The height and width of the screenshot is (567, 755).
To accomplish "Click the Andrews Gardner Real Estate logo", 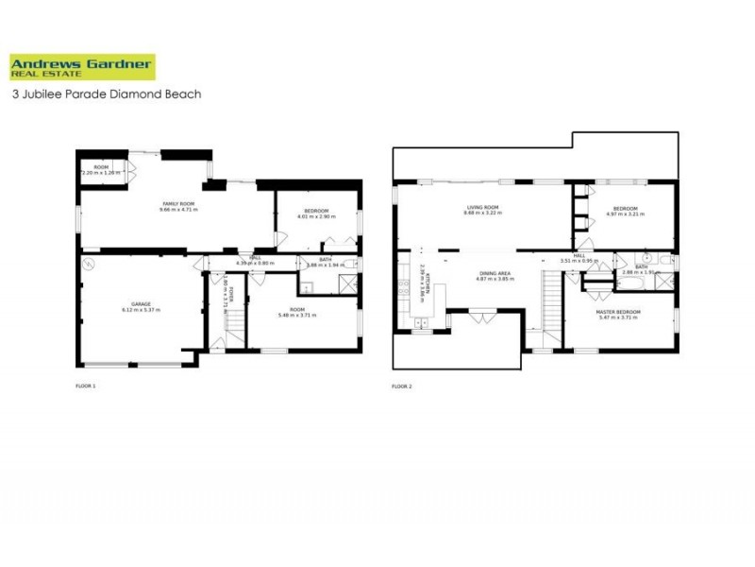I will (82, 67).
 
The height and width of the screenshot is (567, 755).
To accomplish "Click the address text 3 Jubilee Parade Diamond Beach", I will (107, 94).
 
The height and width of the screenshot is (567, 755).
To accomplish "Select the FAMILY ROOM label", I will (172, 204).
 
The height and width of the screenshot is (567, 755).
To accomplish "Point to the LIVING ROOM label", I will (481, 207).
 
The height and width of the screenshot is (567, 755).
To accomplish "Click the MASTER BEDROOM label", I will (618, 312).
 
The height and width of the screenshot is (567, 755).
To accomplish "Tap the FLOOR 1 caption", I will (85, 387).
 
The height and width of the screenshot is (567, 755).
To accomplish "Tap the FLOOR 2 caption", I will (402, 387).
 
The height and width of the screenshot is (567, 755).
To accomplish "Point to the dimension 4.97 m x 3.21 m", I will (625, 215).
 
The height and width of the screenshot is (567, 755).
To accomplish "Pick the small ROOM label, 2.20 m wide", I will (102, 170).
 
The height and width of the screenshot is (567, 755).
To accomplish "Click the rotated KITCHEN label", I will (427, 280).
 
